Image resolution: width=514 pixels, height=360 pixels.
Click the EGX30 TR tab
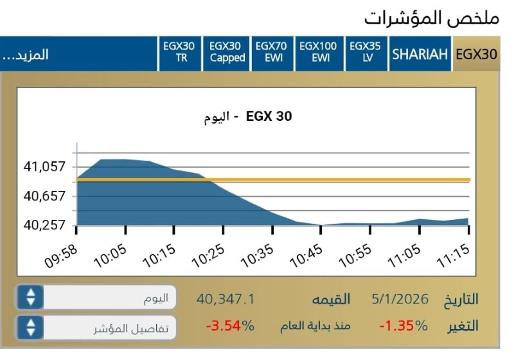[179, 52]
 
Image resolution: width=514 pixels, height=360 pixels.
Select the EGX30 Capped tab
[227, 52]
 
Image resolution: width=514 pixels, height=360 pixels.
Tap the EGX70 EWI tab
[271, 52]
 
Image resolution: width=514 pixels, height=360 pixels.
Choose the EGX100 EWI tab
[318, 52]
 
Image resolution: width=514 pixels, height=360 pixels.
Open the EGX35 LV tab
[365, 52]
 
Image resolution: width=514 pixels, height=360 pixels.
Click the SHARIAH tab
[420, 53]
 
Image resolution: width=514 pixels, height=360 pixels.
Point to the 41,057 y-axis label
[44, 167]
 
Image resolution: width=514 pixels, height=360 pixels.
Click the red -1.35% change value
[403, 325]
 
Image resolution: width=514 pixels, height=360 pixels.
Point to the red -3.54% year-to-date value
[229, 325]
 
